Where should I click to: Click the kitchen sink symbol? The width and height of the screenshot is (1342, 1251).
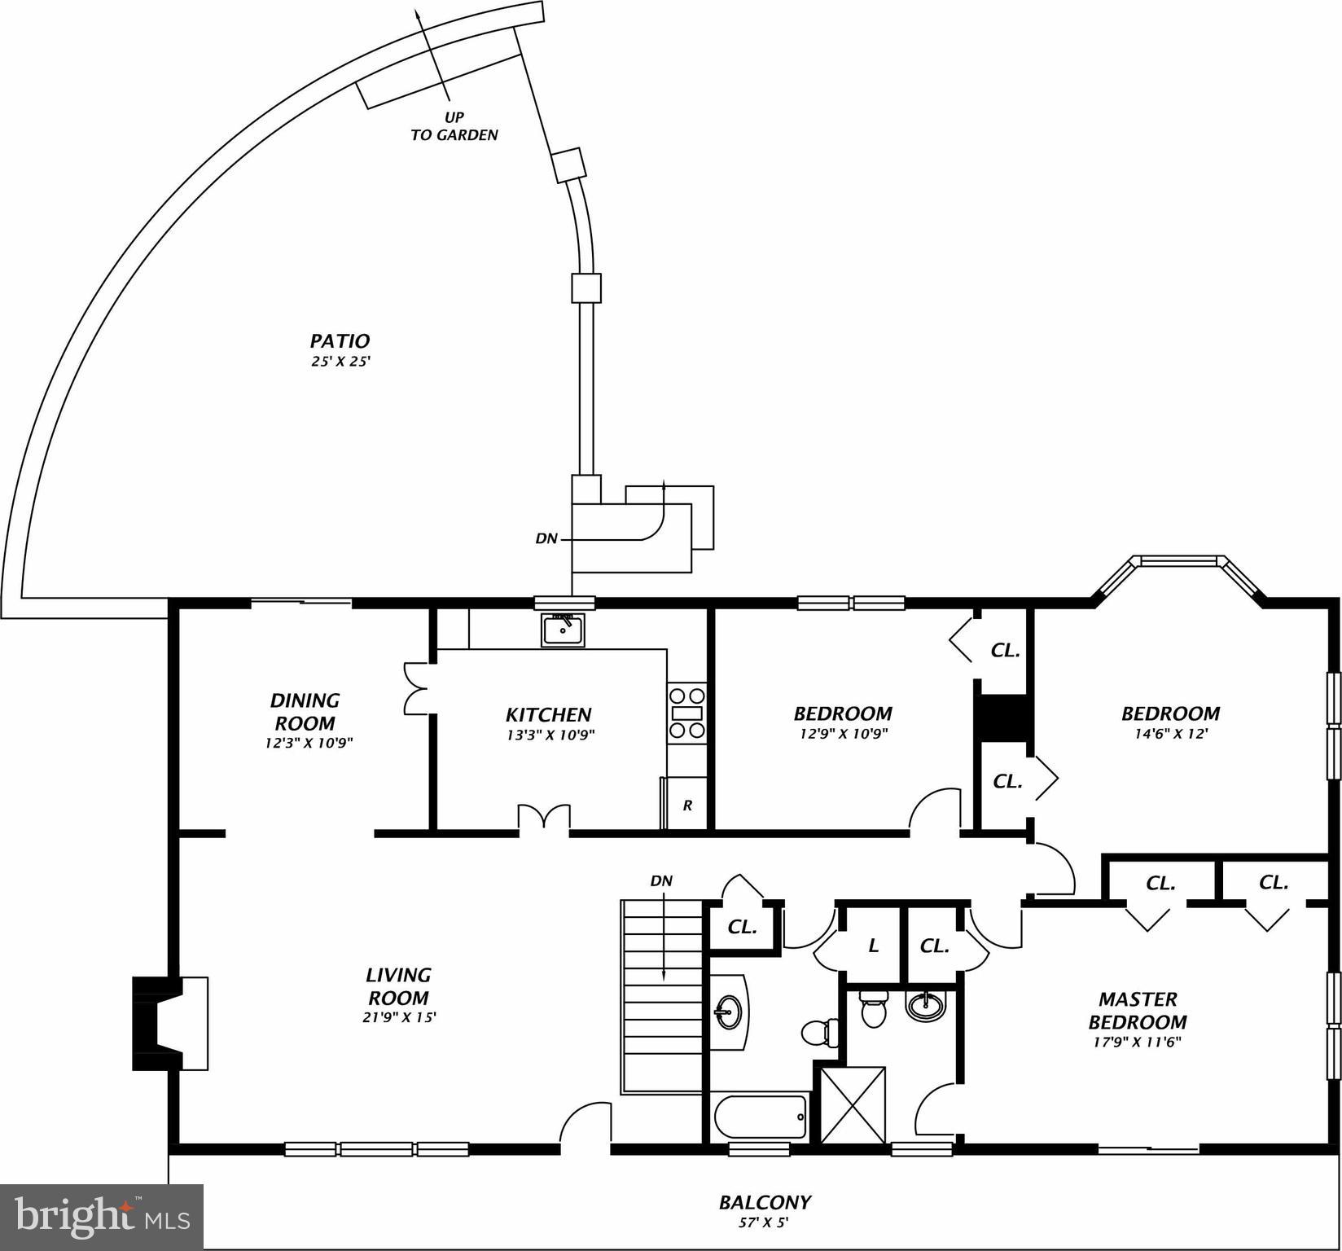tap(563, 630)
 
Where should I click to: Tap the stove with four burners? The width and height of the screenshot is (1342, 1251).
tap(686, 713)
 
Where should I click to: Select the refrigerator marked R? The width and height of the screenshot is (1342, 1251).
tap(686, 805)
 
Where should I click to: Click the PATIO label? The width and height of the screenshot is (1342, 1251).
tap(340, 341)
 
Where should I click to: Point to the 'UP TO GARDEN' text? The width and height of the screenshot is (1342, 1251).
tap(454, 126)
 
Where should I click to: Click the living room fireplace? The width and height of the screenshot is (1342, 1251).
tap(169, 1023)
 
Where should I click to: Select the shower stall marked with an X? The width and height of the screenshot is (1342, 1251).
tap(853, 1105)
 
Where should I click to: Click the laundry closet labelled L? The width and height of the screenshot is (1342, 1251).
tap(873, 946)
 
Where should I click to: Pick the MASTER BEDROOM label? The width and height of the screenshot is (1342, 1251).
tap(1137, 1011)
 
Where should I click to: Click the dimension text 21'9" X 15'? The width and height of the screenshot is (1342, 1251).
tap(399, 1017)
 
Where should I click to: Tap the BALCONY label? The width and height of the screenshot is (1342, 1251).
tap(764, 1202)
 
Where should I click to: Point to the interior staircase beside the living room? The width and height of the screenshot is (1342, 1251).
tap(662, 995)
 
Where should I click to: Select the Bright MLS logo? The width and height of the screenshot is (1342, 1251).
tap(102, 1217)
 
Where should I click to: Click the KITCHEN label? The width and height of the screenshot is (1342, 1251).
tap(548, 715)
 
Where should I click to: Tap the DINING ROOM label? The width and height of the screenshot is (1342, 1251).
tap(305, 712)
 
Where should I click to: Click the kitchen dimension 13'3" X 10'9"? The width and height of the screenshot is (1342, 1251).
tap(548, 735)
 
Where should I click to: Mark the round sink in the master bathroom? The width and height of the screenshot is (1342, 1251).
tap(926, 1007)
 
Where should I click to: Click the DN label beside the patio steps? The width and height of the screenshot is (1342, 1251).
tap(546, 538)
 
